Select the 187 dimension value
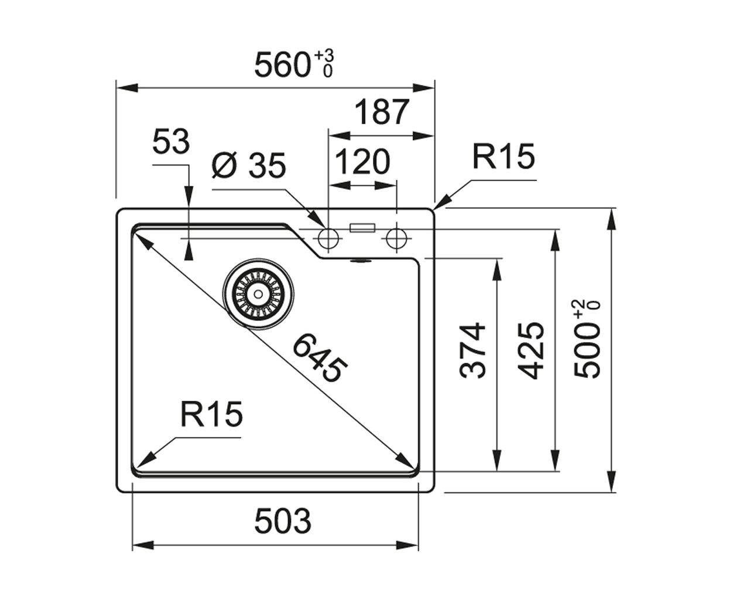click(x=382, y=112)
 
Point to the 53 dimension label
click(x=171, y=142)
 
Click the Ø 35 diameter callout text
click(x=249, y=165)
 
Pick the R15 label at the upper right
click(x=503, y=157)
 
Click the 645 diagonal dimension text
click(x=320, y=358)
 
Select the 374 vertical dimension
click(x=472, y=350)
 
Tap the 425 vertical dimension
click(x=530, y=350)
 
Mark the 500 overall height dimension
click(x=587, y=339)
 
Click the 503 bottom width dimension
click(x=283, y=521)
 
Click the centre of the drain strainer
click(x=258, y=294)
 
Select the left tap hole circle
click(x=328, y=238)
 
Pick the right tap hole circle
click(x=396, y=238)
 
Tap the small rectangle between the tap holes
click(x=362, y=228)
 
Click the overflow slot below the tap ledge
click(x=361, y=261)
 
